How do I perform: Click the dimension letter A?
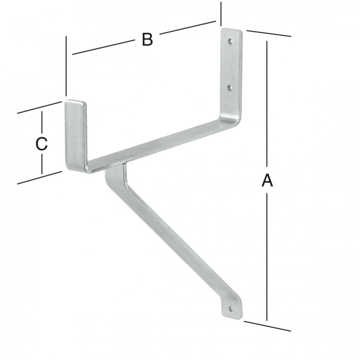click(x=267, y=180)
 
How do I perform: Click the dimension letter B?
click(x=147, y=40)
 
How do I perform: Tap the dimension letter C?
click(x=41, y=144)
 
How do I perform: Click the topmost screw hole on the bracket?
click(x=230, y=41)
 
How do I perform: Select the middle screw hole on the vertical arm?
click(x=229, y=88)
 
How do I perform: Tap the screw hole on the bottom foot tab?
click(x=231, y=309)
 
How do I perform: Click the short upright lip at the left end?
click(x=76, y=136)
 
